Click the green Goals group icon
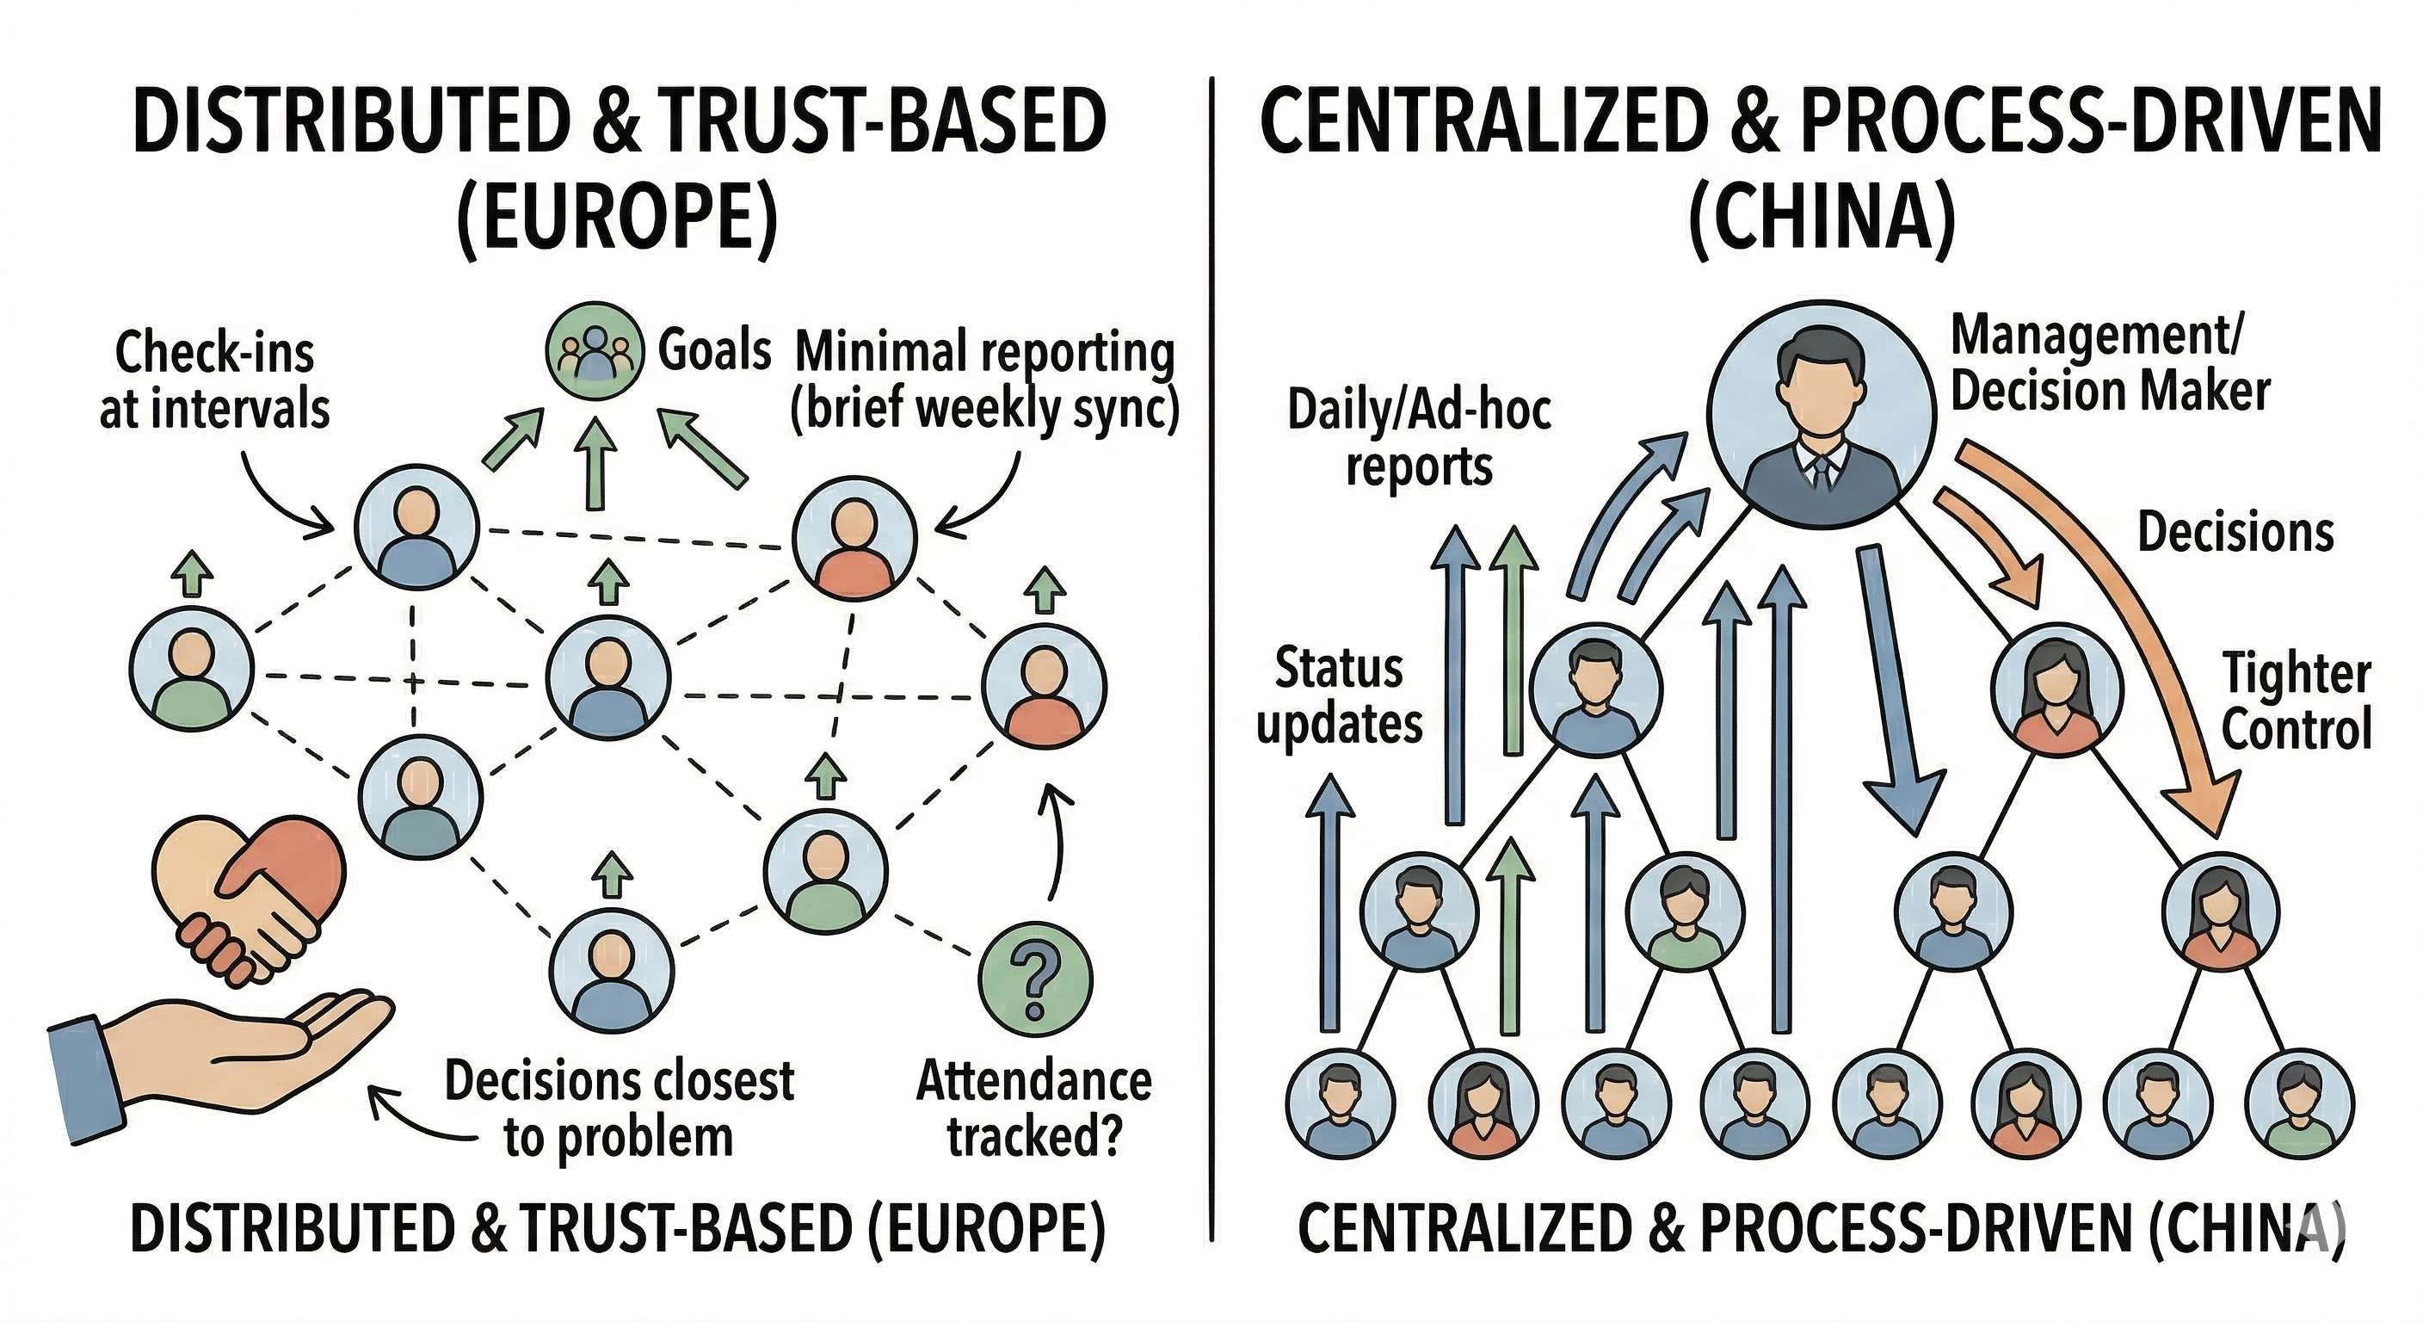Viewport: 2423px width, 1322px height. [595, 350]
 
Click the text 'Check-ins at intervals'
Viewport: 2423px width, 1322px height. [214, 381]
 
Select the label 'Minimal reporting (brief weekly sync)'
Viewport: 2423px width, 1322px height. [985, 381]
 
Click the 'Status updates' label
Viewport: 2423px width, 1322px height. [1340, 696]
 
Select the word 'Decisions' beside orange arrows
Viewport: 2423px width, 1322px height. [2235, 533]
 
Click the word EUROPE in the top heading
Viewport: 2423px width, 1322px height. [618, 219]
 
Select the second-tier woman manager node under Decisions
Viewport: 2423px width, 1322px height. [2058, 689]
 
